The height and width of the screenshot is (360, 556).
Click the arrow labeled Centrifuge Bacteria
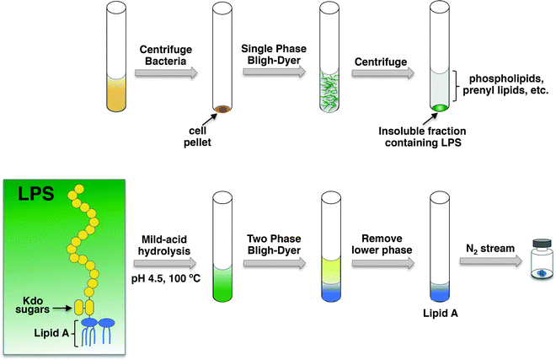[165, 73]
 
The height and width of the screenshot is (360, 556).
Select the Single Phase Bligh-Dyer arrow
[274, 73]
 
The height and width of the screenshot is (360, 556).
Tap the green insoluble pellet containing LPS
[439, 107]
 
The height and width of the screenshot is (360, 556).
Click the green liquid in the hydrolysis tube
[223, 283]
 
